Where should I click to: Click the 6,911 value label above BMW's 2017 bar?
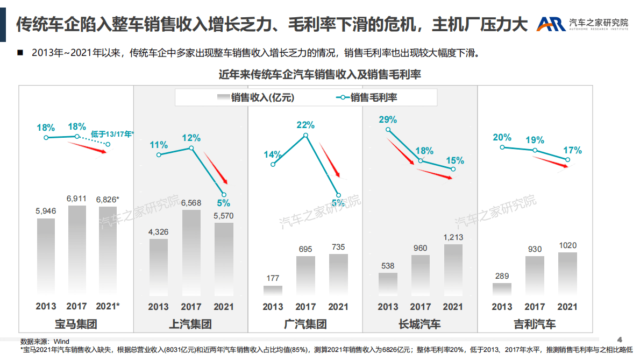pos(76,199)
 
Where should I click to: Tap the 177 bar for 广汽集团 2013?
pos(273,290)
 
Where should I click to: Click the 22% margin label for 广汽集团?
pos(305,125)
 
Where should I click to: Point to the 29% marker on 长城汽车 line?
pos(388,130)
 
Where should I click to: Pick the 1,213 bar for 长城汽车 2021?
pos(453,269)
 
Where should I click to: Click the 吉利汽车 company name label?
pos(534,324)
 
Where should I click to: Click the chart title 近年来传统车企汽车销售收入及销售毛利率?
pos(319,75)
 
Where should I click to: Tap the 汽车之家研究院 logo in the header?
pos(583,24)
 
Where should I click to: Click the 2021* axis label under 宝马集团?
pos(108,306)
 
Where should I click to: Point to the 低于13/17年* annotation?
pos(112,134)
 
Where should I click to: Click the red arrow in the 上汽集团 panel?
pos(217,167)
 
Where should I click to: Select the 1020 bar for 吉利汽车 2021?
pos(567,273)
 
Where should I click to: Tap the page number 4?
pos(620,340)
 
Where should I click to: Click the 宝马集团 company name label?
pos(76,324)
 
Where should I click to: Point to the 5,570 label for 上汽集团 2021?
pos(224,215)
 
